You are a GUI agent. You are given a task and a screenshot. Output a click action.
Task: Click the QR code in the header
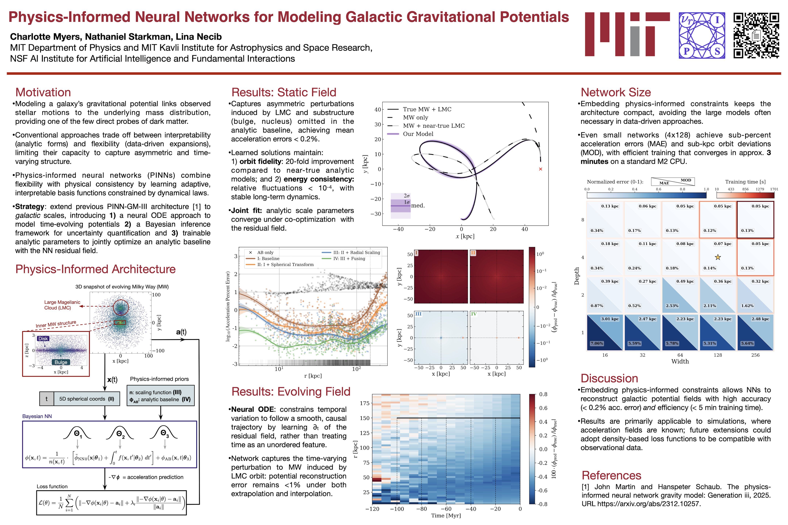point(756,36)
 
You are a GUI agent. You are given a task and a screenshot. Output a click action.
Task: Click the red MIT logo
point(627,34)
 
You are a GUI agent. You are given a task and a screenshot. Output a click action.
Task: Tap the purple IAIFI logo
point(702,36)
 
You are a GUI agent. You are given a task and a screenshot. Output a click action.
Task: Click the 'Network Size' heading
point(615,92)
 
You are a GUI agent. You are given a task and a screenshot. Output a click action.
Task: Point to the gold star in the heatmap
point(718,257)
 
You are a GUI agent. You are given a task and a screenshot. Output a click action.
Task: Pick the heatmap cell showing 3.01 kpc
point(610,319)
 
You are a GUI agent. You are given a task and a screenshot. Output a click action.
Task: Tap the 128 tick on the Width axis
point(718,355)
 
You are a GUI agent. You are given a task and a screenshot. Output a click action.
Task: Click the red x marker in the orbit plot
point(540,169)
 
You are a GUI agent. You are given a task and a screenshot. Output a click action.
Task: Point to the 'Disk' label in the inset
point(43,339)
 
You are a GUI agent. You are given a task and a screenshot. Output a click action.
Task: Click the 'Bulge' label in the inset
point(61,362)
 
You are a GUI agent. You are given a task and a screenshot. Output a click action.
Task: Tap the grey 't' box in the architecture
point(47,399)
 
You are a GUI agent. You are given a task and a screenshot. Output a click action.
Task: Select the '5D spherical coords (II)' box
point(87,399)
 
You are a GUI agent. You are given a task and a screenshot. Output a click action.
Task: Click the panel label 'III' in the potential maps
point(418,314)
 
